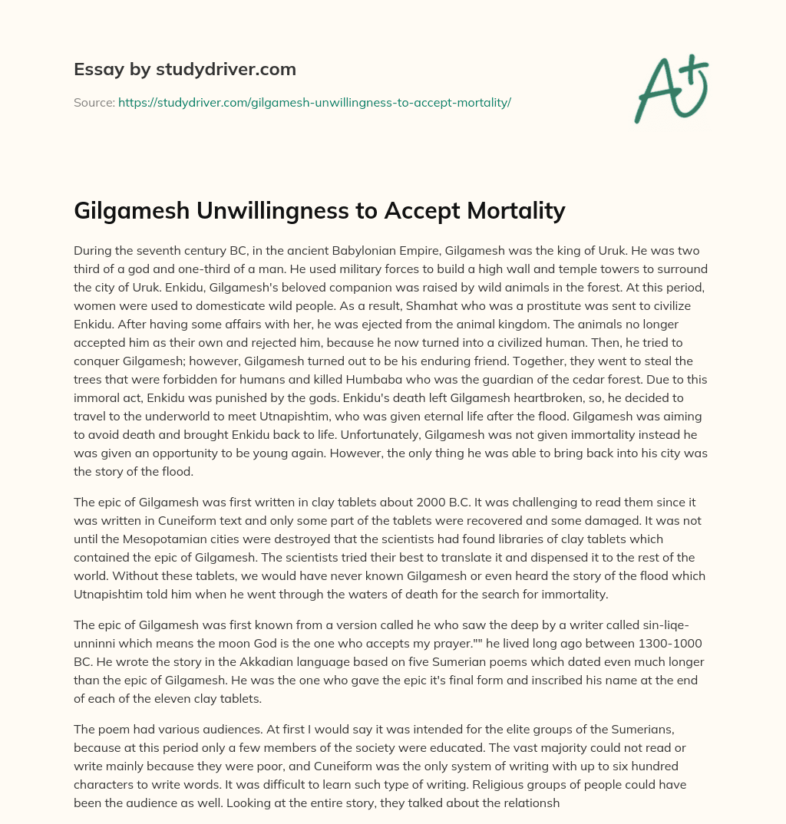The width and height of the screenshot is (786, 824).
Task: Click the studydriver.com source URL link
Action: click(x=315, y=102)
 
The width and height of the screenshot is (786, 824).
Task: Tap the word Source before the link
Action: click(x=94, y=102)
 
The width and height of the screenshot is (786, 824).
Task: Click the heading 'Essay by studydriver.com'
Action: click(x=185, y=69)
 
